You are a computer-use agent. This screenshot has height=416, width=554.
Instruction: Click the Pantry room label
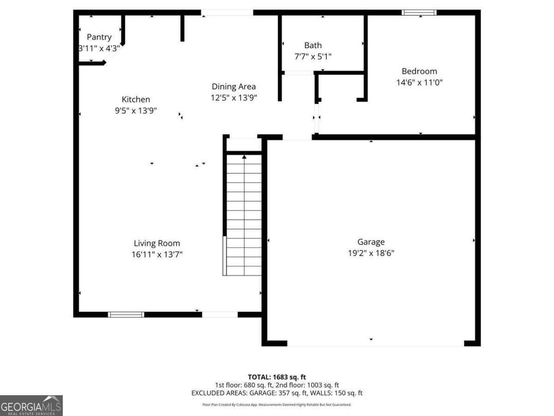point(99,37)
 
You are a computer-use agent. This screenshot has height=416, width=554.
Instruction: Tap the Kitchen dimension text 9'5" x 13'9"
point(136,110)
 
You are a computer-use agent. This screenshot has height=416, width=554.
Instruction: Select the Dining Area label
point(234,86)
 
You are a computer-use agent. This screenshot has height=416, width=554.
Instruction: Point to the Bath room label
point(313,45)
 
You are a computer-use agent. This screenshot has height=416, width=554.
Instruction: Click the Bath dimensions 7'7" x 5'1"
point(313,56)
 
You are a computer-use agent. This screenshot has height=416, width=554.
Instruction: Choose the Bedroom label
point(419,71)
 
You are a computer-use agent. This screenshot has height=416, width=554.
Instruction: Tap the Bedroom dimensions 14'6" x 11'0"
point(419,82)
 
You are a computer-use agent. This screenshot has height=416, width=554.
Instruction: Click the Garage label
point(371,242)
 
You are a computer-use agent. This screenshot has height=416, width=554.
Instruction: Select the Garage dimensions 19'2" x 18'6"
point(371,253)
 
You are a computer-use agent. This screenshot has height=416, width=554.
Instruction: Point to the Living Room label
point(157,243)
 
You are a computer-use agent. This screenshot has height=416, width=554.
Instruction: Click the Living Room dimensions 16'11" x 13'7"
point(157,254)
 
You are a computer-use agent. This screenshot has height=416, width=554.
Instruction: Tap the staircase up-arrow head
point(244,157)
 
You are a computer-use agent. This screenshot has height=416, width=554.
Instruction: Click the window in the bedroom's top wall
point(419,12)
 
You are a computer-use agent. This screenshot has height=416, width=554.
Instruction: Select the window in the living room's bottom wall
point(126,315)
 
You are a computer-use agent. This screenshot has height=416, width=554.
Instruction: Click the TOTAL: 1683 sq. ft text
point(277,377)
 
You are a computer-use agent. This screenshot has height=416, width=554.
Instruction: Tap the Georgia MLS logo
point(31,405)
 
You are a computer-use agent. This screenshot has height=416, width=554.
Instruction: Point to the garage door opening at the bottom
point(375,343)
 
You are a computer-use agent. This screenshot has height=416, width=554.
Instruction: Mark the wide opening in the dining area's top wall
point(227,12)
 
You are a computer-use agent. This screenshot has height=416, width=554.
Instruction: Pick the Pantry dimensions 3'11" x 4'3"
point(99,48)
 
